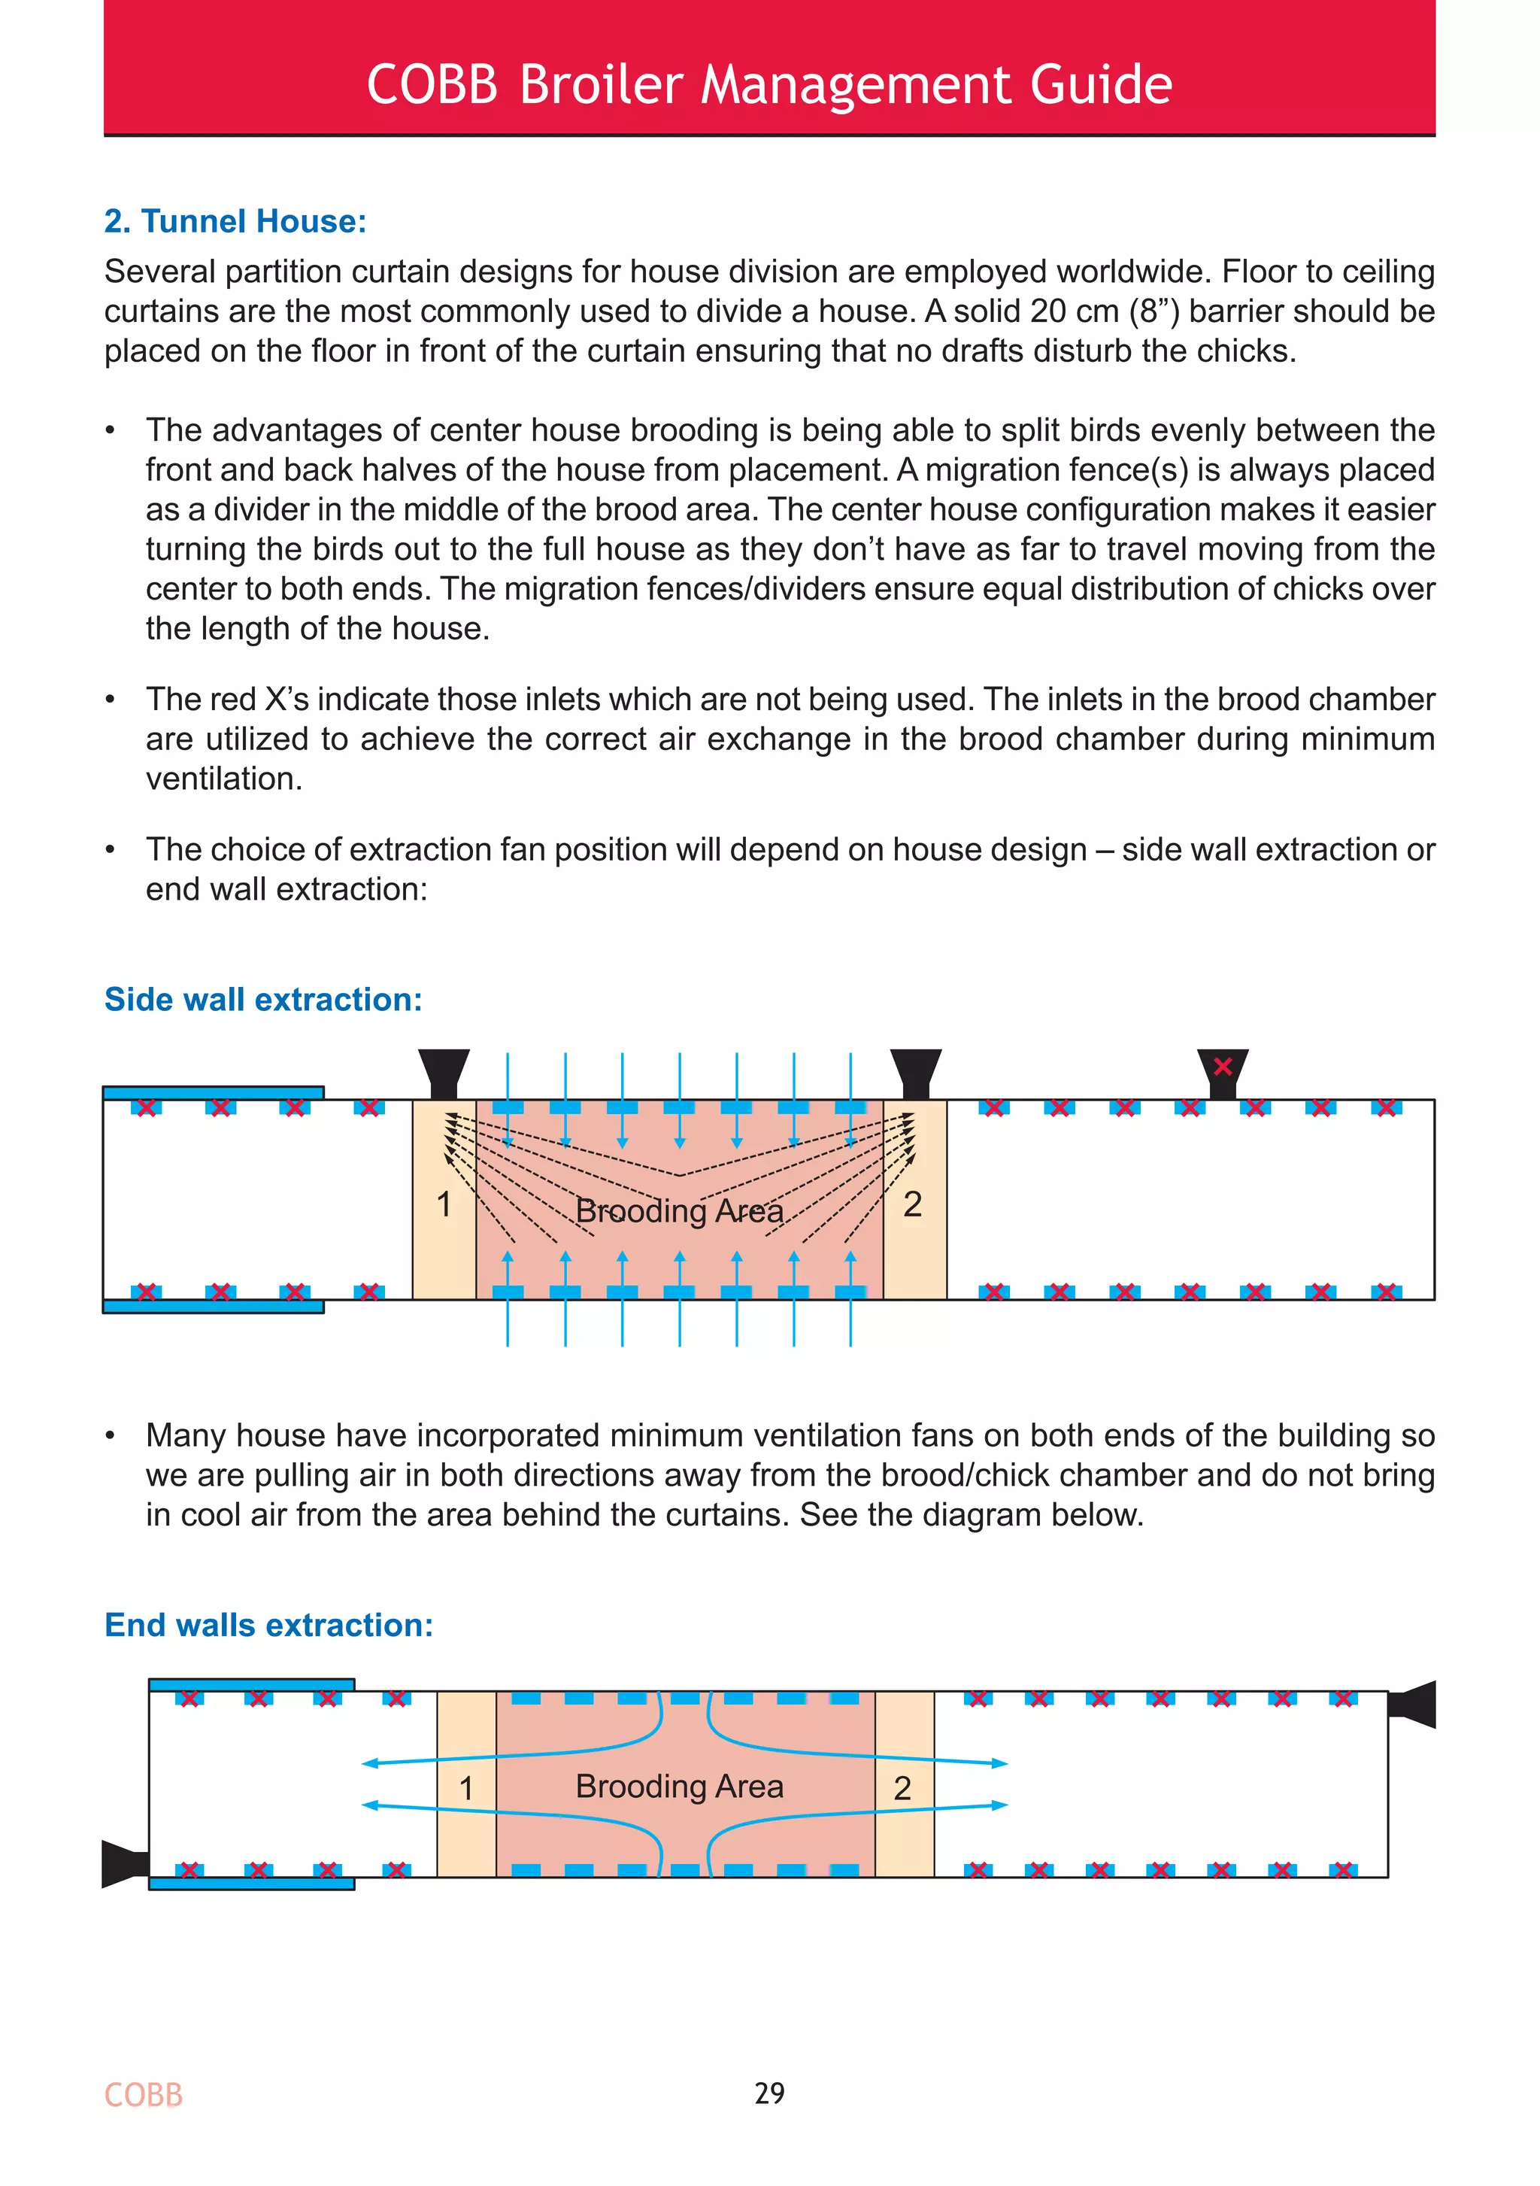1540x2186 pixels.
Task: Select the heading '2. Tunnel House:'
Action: pyautogui.click(x=235, y=221)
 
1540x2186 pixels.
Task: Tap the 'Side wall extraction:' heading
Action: pyautogui.click(x=262, y=1000)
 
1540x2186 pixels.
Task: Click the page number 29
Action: pyautogui.click(x=769, y=2093)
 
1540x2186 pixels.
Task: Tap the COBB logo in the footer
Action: pyautogui.click(x=143, y=2094)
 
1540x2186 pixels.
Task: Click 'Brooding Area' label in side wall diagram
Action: pyautogui.click(x=680, y=1211)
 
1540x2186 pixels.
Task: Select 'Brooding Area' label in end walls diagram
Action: pyautogui.click(x=680, y=1786)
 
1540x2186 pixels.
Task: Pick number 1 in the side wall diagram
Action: pyautogui.click(x=444, y=1204)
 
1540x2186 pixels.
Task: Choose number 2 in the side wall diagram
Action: pyautogui.click(x=913, y=1204)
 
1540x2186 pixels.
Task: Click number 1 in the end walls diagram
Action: pyautogui.click(x=466, y=1788)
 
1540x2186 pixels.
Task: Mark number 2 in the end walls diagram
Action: pyautogui.click(x=902, y=1788)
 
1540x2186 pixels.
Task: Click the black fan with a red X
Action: pyautogui.click(x=1222, y=1072)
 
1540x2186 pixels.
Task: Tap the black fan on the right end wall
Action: pyautogui.click(x=1412, y=1705)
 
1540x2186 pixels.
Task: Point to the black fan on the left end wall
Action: pyautogui.click(x=125, y=1863)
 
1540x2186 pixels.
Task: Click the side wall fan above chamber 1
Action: pyautogui.click(x=444, y=1072)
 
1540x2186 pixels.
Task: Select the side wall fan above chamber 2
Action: pyautogui.click(x=916, y=1072)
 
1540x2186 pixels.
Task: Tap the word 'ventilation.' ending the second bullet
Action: pyautogui.click(x=223, y=779)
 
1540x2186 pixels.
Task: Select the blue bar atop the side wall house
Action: pyautogui.click(x=214, y=1092)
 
